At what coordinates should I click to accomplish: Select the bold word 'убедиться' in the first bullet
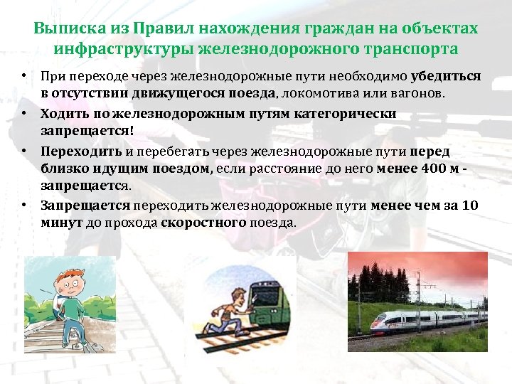[x=445, y=76]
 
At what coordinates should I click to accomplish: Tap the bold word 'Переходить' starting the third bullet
[x=81, y=151]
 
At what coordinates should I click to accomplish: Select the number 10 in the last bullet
[x=470, y=206]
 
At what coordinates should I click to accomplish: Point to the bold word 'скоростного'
[x=203, y=223]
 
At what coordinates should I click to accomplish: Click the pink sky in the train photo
[x=427, y=267]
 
